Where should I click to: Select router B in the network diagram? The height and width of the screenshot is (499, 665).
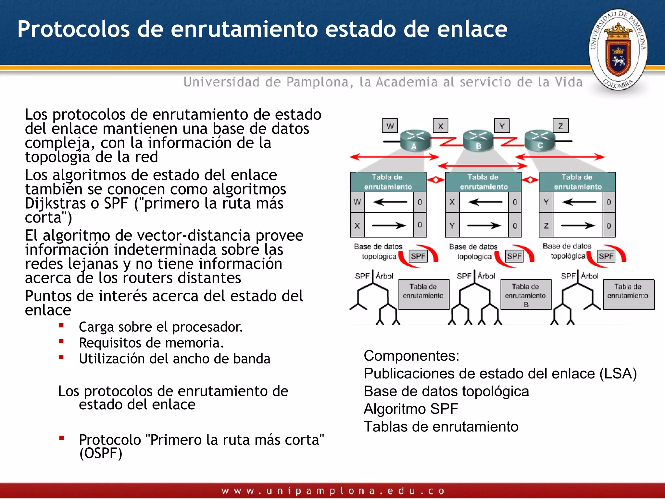[x=478, y=141]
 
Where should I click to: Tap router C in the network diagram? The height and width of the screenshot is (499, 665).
[x=540, y=140]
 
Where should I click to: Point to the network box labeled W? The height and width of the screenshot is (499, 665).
[x=390, y=126]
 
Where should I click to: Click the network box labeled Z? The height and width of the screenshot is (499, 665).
[x=561, y=126]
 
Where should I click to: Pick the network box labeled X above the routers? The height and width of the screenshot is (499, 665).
[x=441, y=126]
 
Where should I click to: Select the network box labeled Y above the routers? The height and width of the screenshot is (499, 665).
[x=502, y=126]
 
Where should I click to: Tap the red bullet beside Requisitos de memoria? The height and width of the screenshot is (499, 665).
[x=61, y=341]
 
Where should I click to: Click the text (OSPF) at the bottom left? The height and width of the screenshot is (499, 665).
[x=101, y=454]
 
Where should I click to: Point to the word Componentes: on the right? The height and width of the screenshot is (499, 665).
[x=411, y=356]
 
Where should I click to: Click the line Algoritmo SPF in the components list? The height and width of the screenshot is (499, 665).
[x=411, y=409]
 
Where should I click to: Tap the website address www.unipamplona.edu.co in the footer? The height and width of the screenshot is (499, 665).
[x=332, y=491]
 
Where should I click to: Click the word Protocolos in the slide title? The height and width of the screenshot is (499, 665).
[x=73, y=29]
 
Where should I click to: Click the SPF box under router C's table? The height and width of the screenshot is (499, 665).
[x=606, y=256]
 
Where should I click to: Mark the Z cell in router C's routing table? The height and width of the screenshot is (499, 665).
[x=546, y=225]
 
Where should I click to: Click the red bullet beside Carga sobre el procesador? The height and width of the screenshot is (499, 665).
[x=61, y=325]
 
